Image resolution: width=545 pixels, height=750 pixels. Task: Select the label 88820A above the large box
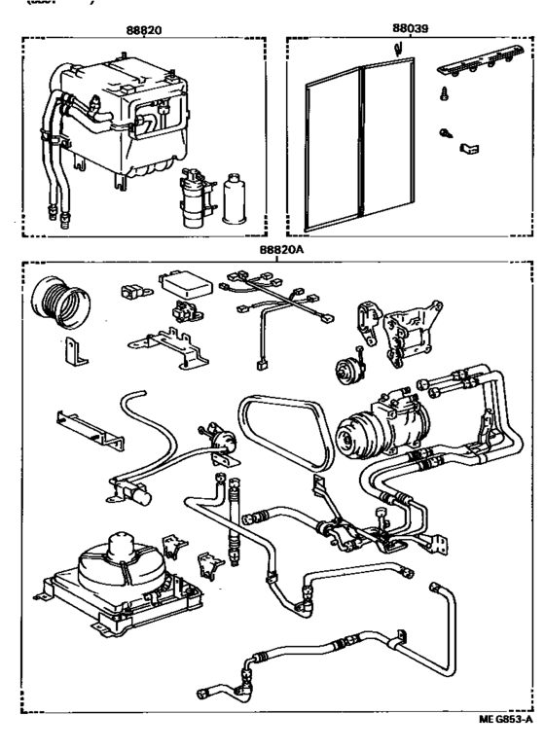pos(281,249)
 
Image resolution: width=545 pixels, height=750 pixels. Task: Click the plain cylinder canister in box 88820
pos(235,200)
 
